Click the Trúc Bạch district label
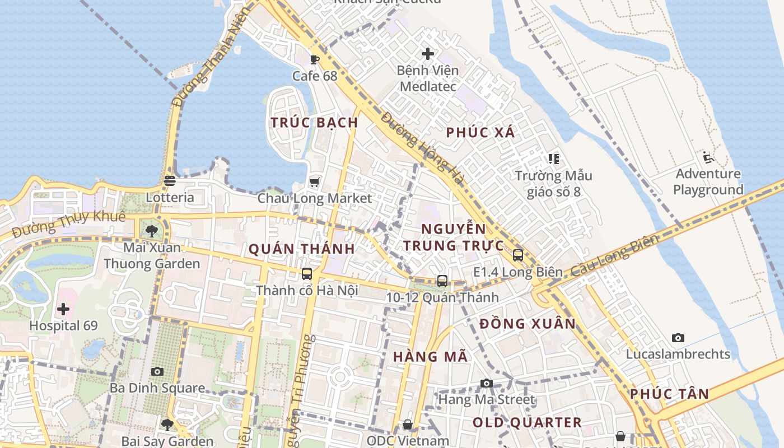(x=314, y=123)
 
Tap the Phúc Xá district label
(x=480, y=133)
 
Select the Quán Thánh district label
(x=301, y=249)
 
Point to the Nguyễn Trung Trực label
(x=453, y=237)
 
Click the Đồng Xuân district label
(x=528, y=324)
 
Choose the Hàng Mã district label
(x=430, y=357)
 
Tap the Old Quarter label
(x=527, y=422)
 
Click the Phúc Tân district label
(x=669, y=394)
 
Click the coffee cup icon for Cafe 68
(x=315, y=59)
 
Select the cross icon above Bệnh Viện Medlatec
(x=428, y=54)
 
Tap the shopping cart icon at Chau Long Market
(x=314, y=182)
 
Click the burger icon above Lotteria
(x=170, y=181)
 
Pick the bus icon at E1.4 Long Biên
(x=518, y=255)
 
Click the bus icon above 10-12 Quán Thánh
(x=442, y=281)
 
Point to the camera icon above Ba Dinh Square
(x=157, y=371)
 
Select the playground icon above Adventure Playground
(x=708, y=157)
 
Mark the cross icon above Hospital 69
(x=63, y=309)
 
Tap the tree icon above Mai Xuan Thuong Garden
(x=151, y=231)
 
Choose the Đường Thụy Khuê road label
(x=68, y=223)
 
